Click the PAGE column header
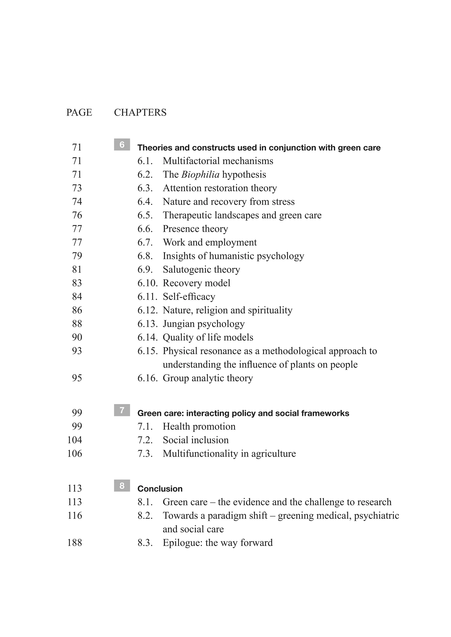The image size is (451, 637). click(x=79, y=113)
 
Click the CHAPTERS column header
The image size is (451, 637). click(x=140, y=113)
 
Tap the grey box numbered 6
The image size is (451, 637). click(x=122, y=144)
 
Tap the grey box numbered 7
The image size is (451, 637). click(x=122, y=410)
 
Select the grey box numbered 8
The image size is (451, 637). click(x=122, y=486)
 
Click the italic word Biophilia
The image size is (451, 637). click(x=200, y=174)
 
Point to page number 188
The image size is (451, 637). click(x=75, y=543)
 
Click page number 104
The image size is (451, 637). click(x=75, y=440)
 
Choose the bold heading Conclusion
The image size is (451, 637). click(x=160, y=489)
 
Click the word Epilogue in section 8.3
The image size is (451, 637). click(x=183, y=543)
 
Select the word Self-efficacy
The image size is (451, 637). click(x=189, y=297)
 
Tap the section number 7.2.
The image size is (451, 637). click(x=145, y=440)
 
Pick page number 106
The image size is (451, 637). click(x=75, y=454)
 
